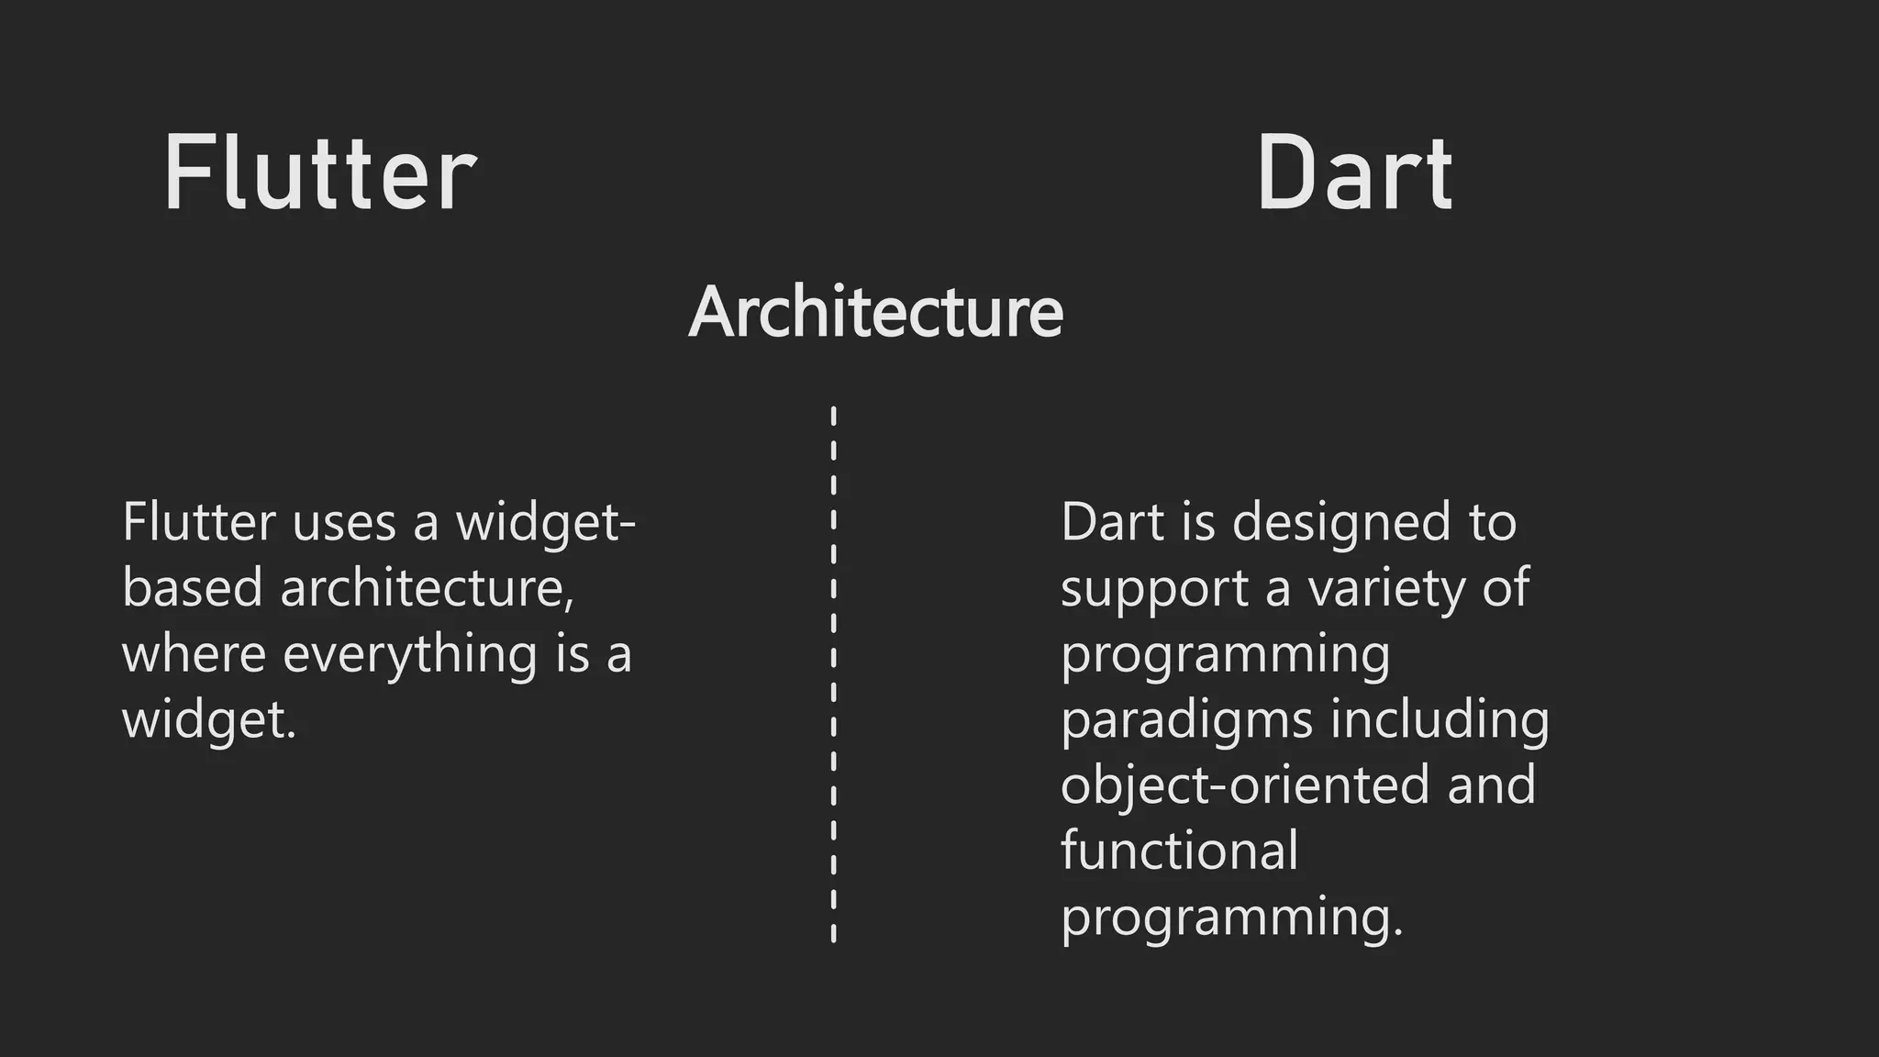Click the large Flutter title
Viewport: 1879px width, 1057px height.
(x=319, y=173)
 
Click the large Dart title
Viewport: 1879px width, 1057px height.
(x=1354, y=173)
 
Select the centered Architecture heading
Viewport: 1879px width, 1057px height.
(x=875, y=312)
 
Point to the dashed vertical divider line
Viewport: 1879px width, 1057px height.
(x=833, y=674)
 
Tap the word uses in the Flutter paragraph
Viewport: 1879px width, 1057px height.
(x=344, y=523)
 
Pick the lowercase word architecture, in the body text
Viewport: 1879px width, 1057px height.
(x=428, y=587)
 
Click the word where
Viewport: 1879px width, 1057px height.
(x=194, y=653)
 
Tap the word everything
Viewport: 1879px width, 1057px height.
(x=410, y=655)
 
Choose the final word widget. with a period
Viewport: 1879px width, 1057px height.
(x=209, y=720)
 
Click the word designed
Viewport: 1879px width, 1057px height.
(x=1341, y=523)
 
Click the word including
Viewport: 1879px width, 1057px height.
(x=1440, y=720)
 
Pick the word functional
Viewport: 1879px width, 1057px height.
(x=1179, y=851)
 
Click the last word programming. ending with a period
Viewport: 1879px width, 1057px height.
(x=1231, y=918)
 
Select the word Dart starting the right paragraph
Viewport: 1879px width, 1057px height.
(x=1112, y=523)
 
